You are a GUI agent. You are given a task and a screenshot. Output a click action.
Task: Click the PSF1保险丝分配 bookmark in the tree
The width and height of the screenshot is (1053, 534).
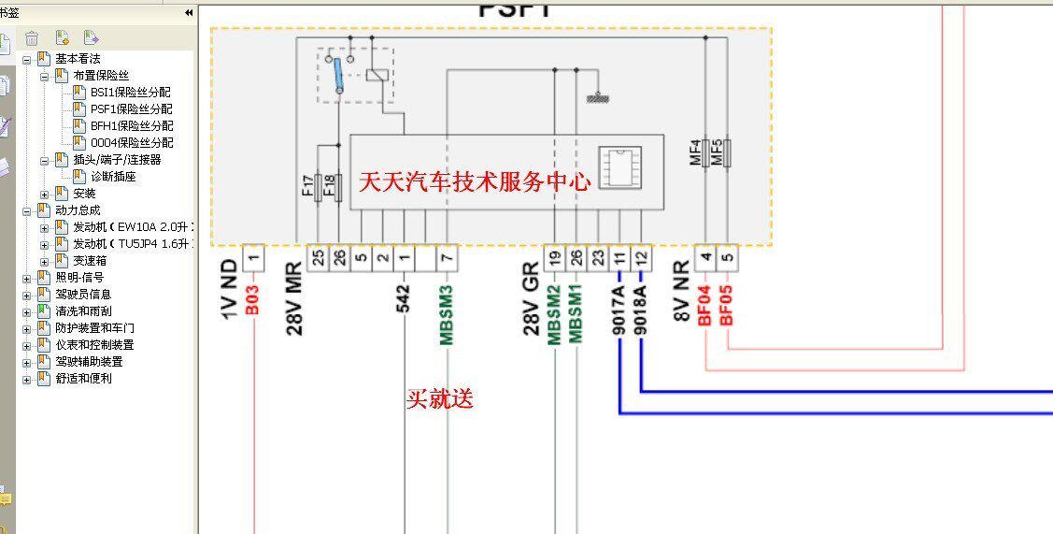click(131, 109)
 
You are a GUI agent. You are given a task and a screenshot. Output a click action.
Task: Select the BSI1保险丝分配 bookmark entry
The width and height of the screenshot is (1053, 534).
click(131, 93)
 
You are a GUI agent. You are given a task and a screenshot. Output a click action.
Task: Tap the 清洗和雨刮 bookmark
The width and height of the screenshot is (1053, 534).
click(84, 311)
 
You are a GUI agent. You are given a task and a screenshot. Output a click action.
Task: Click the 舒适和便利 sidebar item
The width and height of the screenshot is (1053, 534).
click(84, 379)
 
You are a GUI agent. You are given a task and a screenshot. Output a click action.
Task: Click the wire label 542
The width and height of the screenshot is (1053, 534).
click(405, 301)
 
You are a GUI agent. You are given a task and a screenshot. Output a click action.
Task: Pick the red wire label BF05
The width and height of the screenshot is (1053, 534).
click(727, 305)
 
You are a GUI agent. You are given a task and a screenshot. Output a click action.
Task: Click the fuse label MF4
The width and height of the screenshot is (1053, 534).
click(695, 153)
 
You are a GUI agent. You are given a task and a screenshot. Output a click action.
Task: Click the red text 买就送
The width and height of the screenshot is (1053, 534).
click(439, 399)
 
